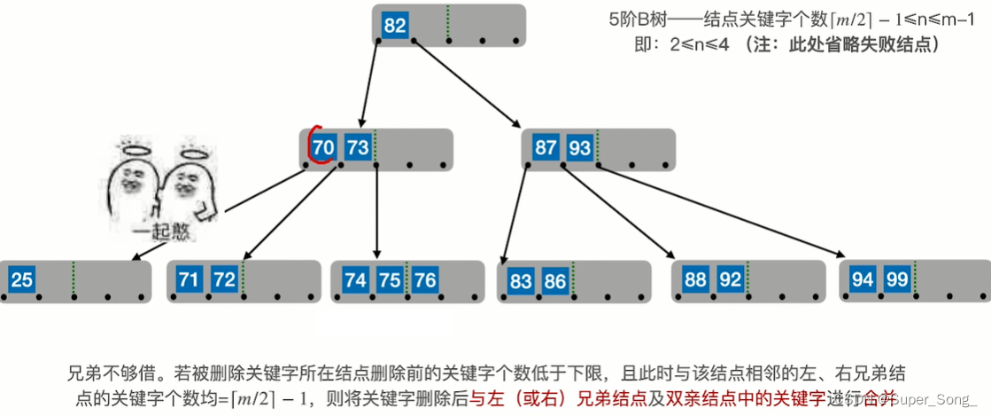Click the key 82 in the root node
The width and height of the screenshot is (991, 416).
(x=395, y=26)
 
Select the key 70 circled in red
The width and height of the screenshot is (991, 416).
(x=324, y=147)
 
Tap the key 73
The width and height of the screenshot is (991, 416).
(x=357, y=147)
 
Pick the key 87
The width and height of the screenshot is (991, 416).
(x=546, y=147)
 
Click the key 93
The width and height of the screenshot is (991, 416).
(x=580, y=147)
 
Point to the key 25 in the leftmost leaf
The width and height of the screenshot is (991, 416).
(x=22, y=281)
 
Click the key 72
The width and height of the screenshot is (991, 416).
(x=224, y=280)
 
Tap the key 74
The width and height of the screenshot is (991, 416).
(x=355, y=280)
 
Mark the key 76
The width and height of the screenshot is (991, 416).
(x=425, y=280)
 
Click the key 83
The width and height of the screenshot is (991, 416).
(x=522, y=282)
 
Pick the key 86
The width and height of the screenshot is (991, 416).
(x=555, y=282)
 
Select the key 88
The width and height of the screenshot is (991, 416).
(x=696, y=280)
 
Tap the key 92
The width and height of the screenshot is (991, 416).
(x=731, y=280)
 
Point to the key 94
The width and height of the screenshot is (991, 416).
(x=863, y=280)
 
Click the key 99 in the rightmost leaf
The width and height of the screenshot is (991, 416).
(x=896, y=280)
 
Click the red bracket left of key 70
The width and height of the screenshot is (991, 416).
(x=310, y=147)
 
